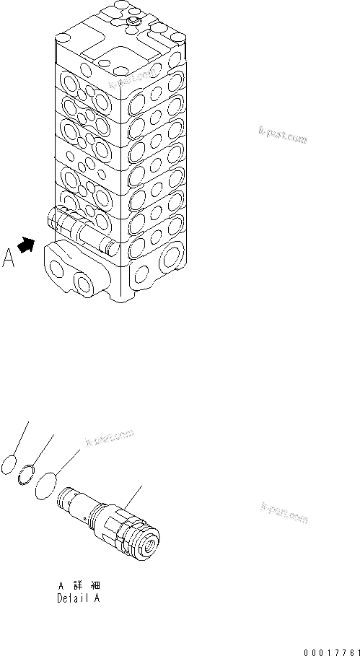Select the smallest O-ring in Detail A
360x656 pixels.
point(11,465)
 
